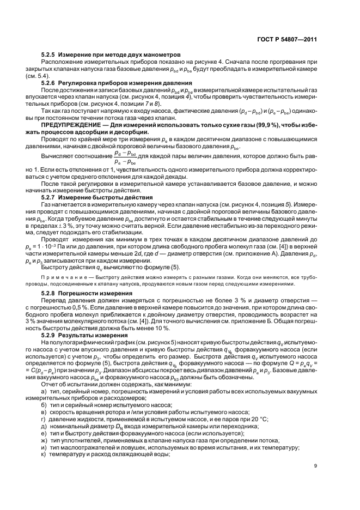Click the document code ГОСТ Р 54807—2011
point(286,40)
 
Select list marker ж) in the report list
point(44,440)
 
